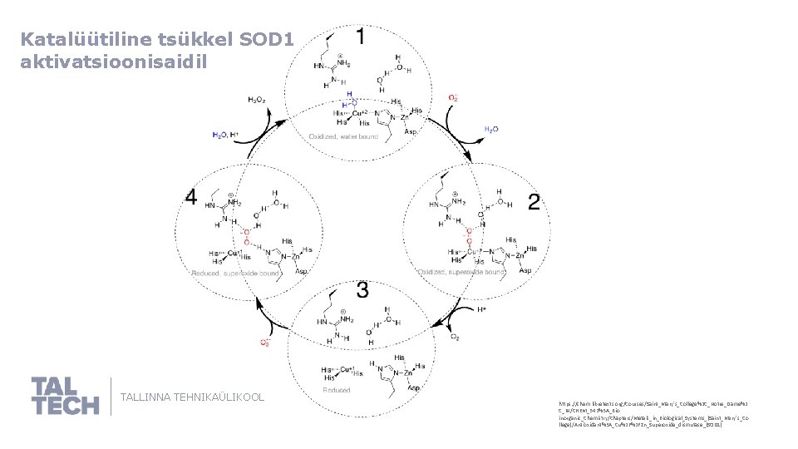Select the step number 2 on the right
click(534, 202)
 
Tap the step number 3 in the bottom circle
click(362, 289)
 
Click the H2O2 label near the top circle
click(257, 100)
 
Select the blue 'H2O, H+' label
click(225, 134)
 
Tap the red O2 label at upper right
click(453, 97)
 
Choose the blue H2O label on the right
click(491, 130)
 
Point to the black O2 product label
click(454, 337)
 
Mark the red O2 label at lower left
click(266, 342)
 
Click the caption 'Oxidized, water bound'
click(343, 136)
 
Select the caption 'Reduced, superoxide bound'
click(236, 273)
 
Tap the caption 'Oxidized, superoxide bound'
click(461, 272)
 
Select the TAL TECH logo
click(65, 396)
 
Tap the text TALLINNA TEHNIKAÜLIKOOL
click(193, 397)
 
